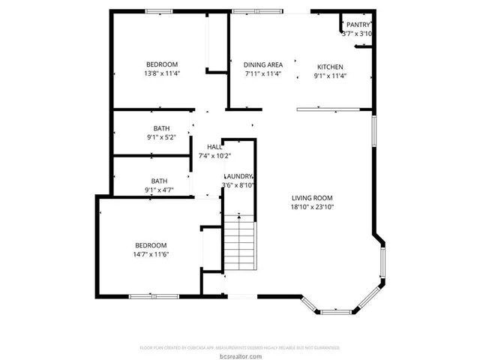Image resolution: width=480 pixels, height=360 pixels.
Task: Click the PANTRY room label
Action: pos(358,25)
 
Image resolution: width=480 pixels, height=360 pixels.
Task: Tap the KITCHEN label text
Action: pos(329,67)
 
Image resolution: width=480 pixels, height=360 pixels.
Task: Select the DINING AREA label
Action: pos(263,65)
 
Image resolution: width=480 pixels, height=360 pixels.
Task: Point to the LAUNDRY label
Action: pos(238,176)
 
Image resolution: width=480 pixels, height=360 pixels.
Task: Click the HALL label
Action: pos(214,147)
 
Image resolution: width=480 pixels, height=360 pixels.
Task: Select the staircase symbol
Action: pos(239,244)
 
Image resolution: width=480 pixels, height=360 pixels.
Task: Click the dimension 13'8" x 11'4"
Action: pos(162,73)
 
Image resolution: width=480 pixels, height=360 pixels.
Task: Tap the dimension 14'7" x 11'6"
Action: pos(151,255)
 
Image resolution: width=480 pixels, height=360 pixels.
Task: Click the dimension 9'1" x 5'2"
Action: pos(160,137)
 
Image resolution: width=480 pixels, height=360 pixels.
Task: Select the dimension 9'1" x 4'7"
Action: pos(159,190)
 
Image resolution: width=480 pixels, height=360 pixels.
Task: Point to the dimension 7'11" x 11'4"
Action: pos(263,74)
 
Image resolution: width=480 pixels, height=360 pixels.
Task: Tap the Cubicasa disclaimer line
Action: pos(240,347)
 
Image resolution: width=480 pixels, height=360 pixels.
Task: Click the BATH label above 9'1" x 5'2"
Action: pos(161,128)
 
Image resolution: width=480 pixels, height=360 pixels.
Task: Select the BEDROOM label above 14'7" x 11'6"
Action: pos(151,245)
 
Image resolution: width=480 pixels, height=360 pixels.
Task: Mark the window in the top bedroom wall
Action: pos(159,10)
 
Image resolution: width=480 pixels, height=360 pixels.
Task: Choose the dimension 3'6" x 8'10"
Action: pos(238,185)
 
